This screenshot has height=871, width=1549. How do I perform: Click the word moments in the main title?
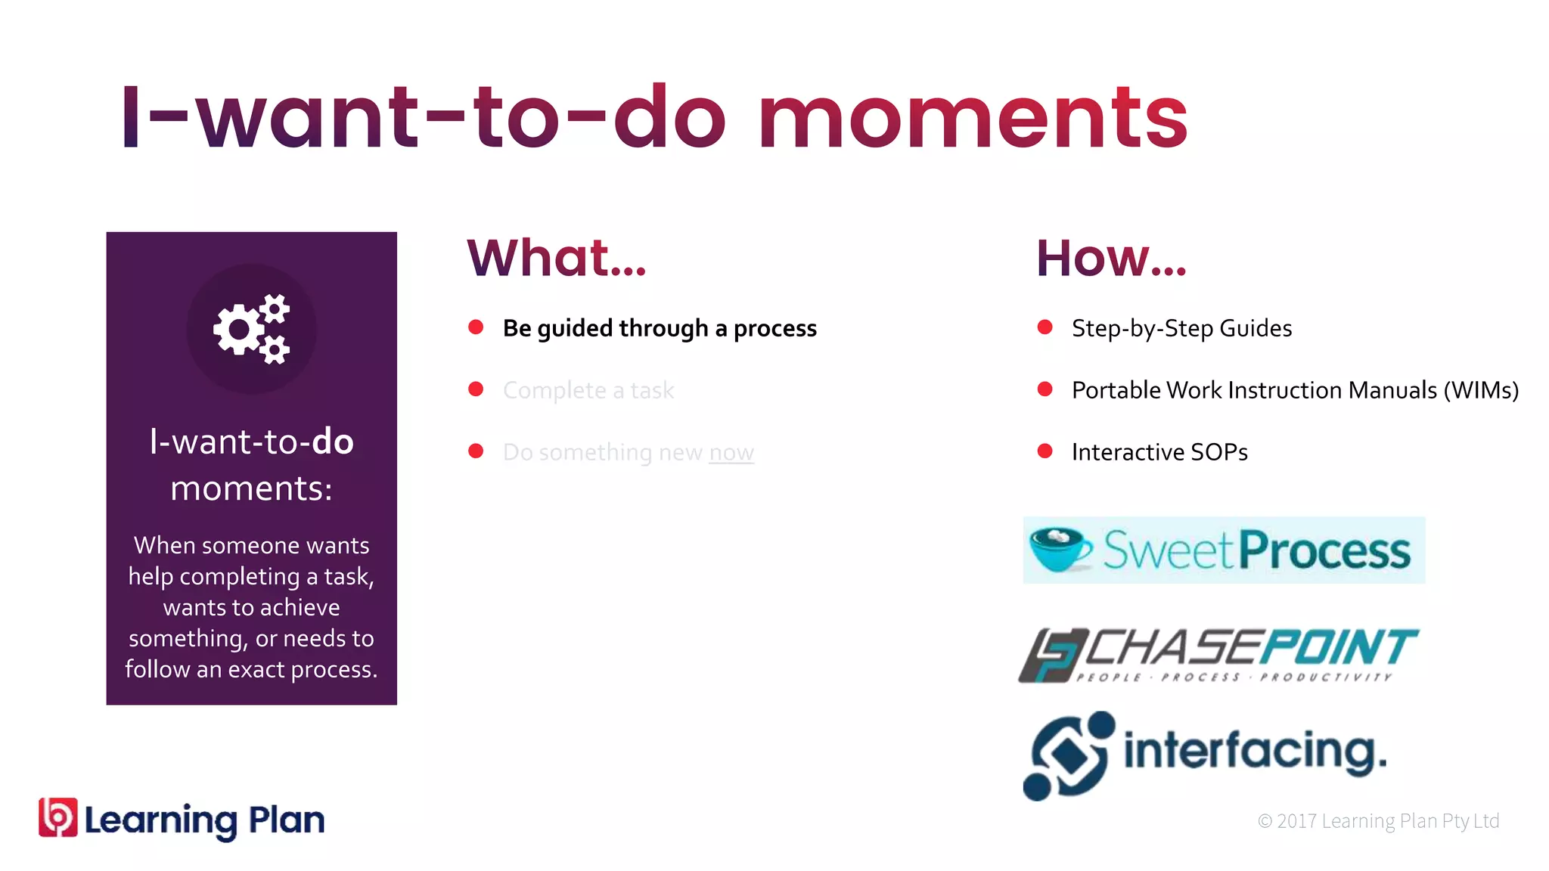(973, 119)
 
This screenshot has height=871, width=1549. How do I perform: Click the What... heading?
(557, 259)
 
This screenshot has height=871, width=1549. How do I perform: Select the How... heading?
(1110, 259)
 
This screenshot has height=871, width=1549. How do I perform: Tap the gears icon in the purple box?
(252, 329)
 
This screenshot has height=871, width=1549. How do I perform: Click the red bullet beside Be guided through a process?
(476, 327)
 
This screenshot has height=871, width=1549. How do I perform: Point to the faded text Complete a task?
(588, 390)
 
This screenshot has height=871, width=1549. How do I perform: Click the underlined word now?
(731, 452)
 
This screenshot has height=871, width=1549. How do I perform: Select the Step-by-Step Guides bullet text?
(1181, 328)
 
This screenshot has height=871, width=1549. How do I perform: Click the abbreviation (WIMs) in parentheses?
(1480, 390)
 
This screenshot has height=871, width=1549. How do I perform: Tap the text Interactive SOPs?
(1159, 452)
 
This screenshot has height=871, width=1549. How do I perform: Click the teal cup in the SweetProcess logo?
(1060, 550)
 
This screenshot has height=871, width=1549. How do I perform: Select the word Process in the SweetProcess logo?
(1324, 551)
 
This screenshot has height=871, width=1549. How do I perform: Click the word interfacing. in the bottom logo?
(1255, 752)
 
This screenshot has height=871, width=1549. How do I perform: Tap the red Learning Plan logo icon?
(58, 818)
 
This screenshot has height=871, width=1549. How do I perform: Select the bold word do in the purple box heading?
(333, 442)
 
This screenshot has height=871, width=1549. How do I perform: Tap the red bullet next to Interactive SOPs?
(1045, 451)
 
